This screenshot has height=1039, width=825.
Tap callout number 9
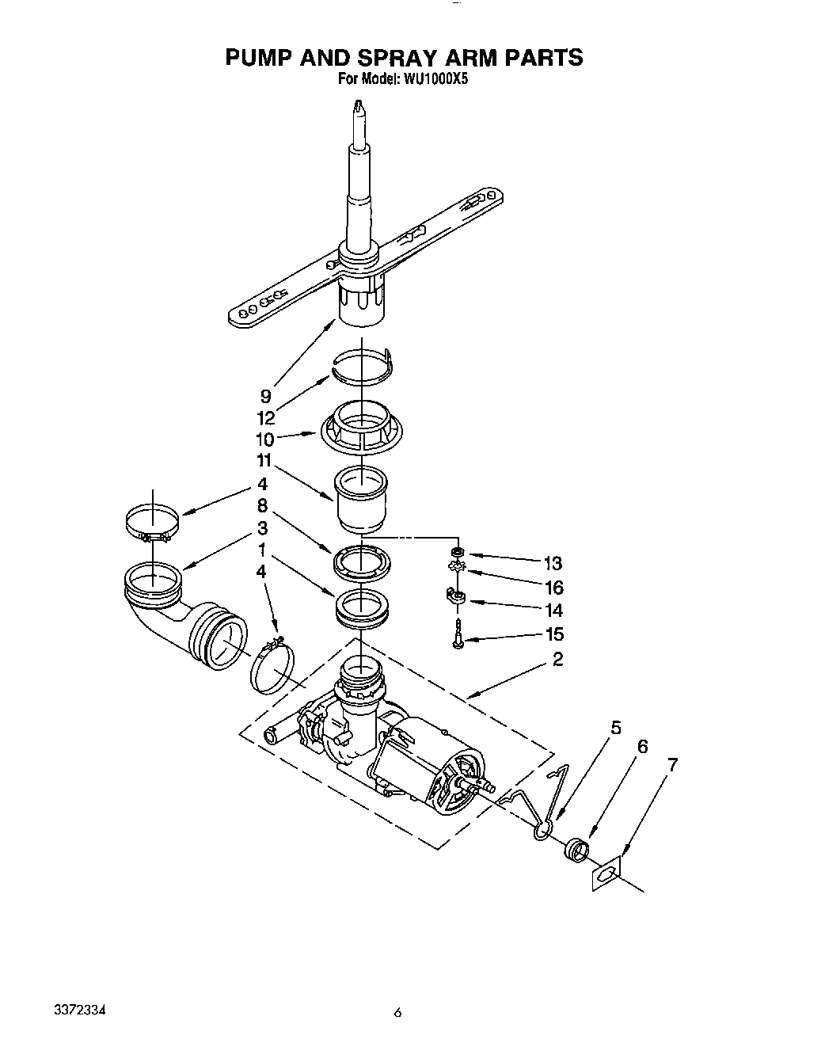coord(266,397)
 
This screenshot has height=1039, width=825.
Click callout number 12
coord(266,418)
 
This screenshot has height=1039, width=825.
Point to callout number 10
coord(264,440)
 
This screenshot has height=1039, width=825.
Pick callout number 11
coord(264,461)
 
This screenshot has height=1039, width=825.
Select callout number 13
coord(553,564)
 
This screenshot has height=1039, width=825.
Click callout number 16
coord(553,588)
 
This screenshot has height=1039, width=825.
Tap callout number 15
coord(554,634)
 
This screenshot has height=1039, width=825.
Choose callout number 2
coord(558,659)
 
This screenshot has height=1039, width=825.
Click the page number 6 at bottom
coord(398,1012)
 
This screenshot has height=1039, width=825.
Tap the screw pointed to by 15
coord(458,637)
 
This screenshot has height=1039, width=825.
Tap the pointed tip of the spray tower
coord(359,105)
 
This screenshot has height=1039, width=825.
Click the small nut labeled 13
coord(456,551)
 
